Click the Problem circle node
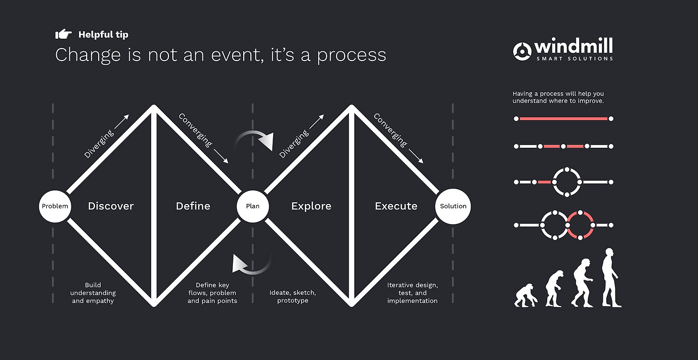click(55, 206)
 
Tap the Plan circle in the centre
click(252, 206)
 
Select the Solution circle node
click(453, 206)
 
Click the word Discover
click(111, 206)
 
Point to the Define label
click(193, 206)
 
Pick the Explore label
click(311, 206)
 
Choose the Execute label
click(396, 206)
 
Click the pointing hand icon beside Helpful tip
click(64, 34)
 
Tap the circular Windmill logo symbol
click(522, 51)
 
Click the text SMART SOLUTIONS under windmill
click(575, 58)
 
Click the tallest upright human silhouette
click(610, 278)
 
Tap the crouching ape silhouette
click(526, 295)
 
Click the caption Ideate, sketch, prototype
click(293, 296)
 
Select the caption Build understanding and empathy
click(93, 293)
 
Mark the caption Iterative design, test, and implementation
click(412, 293)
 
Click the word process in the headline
click(352, 56)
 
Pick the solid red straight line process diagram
click(564, 119)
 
